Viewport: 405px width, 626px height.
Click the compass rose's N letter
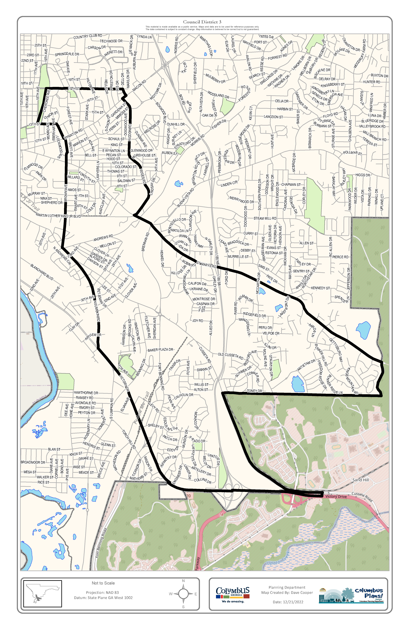click(x=183, y=581)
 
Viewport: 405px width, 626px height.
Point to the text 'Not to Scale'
click(x=103, y=583)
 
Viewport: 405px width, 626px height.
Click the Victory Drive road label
click(x=336, y=497)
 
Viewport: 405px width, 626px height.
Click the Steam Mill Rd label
click(x=265, y=218)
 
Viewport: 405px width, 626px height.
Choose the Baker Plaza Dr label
click(x=160, y=350)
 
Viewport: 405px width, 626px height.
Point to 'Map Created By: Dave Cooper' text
click(x=287, y=593)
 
